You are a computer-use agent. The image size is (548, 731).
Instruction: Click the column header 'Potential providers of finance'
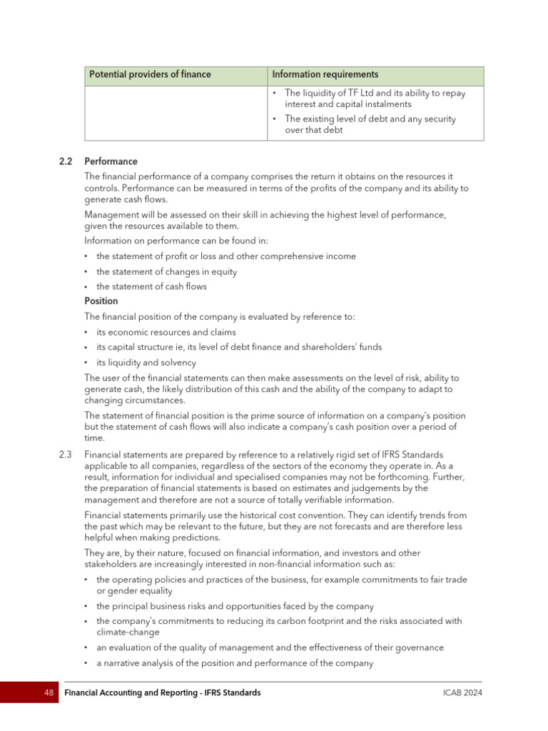coord(150,75)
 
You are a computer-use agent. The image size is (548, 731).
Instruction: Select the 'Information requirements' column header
coord(325,75)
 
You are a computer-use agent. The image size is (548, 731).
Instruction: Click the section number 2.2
coord(66,161)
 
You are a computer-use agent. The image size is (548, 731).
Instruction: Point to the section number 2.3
coord(66,455)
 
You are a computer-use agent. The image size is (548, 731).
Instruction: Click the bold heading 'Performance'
coord(111,161)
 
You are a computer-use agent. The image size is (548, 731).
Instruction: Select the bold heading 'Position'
coord(101,301)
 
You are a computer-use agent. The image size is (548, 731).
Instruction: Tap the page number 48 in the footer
coord(49,692)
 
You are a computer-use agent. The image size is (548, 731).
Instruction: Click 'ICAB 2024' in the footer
coord(462,692)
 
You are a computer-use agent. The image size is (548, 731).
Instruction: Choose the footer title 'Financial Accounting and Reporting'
coord(136,692)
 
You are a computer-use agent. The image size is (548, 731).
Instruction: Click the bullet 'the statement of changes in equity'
coord(166,272)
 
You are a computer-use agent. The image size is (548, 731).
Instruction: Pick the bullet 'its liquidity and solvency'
coord(146,363)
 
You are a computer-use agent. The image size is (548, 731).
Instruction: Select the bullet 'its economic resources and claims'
coord(166,332)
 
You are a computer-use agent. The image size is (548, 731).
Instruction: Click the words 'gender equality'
coord(139,591)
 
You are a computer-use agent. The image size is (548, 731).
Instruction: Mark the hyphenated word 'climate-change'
coord(128,632)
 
